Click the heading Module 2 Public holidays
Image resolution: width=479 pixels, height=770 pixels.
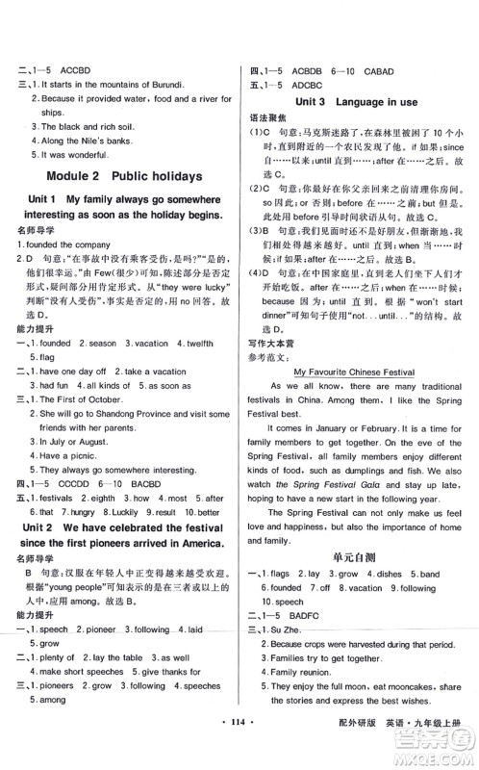(x=123, y=176)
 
